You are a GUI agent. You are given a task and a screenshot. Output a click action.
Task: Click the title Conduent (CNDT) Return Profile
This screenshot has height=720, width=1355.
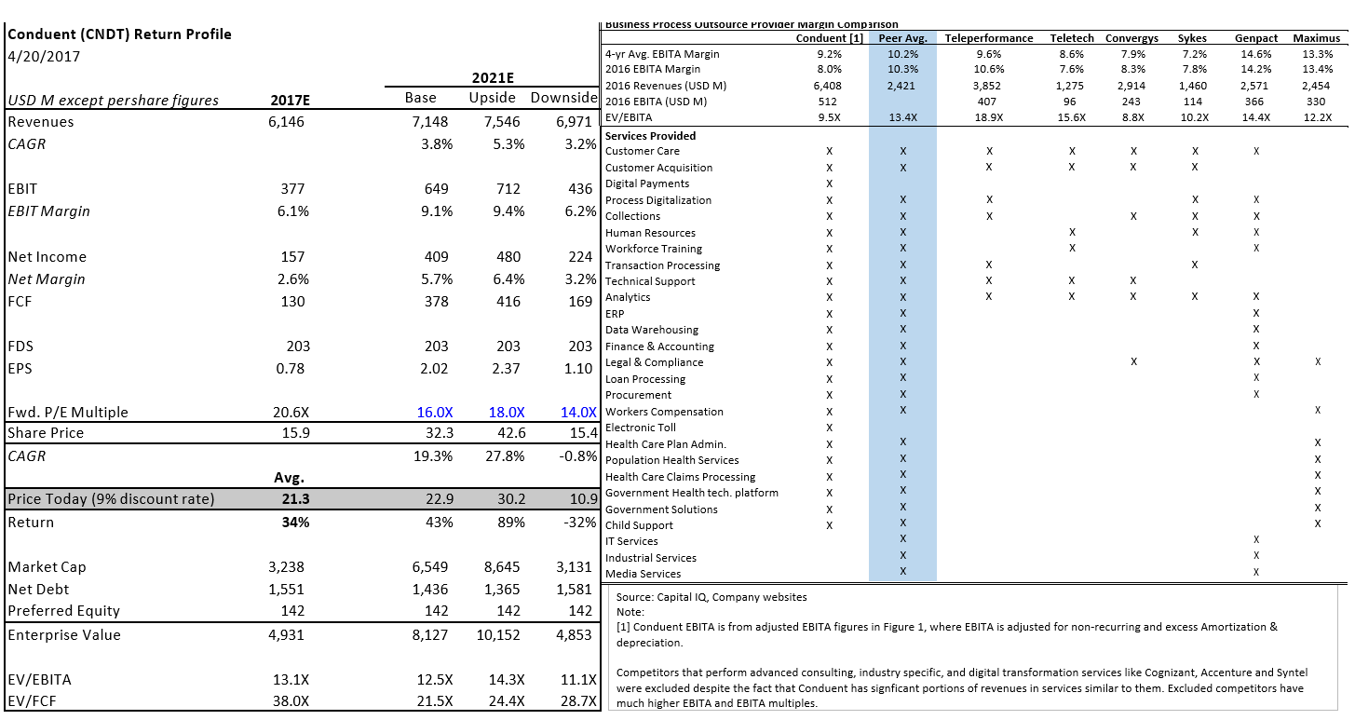tap(119, 34)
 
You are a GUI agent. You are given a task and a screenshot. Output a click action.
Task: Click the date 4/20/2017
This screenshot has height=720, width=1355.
tap(44, 56)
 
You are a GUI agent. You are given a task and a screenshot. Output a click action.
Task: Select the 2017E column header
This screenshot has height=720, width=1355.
tap(289, 100)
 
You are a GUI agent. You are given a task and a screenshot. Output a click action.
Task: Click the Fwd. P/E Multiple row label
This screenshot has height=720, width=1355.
tap(68, 413)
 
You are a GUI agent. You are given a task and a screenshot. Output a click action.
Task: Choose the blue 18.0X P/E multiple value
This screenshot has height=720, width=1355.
tap(507, 413)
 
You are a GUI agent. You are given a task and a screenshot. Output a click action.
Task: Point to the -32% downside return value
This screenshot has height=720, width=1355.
tap(579, 523)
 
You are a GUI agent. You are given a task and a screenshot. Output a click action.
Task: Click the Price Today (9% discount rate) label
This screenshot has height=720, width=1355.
tap(111, 499)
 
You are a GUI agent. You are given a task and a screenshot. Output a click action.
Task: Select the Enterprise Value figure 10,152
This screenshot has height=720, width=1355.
tap(502, 635)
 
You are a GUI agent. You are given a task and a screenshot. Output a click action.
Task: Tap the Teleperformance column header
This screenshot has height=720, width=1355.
tap(988, 38)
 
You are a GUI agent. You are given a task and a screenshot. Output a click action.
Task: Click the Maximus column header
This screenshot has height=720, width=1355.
tap(1317, 38)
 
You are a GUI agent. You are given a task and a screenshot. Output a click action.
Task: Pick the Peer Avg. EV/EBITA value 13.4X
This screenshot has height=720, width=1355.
tap(903, 117)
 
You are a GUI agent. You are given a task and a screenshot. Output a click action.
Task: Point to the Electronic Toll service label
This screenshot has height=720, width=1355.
tap(641, 428)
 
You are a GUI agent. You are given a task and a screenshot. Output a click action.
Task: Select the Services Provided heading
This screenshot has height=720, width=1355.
tap(650, 136)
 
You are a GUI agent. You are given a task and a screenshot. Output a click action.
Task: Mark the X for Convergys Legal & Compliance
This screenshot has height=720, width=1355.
tap(1132, 361)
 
